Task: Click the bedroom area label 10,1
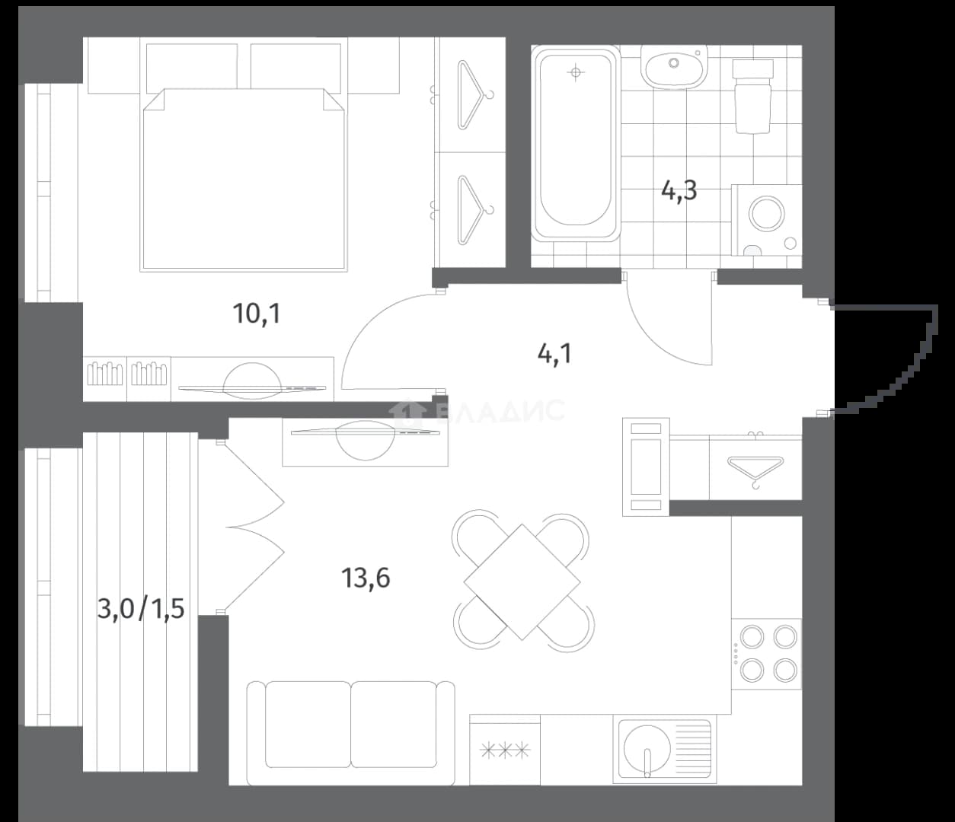[257, 314]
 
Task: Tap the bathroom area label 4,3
[679, 191]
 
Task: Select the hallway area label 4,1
[554, 355]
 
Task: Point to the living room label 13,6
[366, 578]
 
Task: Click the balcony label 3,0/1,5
[141, 608]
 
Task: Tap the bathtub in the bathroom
[576, 144]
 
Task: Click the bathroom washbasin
[674, 66]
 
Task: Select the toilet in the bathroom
[752, 96]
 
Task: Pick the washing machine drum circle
[766, 215]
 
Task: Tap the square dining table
[522, 581]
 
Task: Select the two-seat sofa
[350, 733]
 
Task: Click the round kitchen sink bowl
[647, 747]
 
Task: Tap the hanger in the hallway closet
[755, 469]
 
